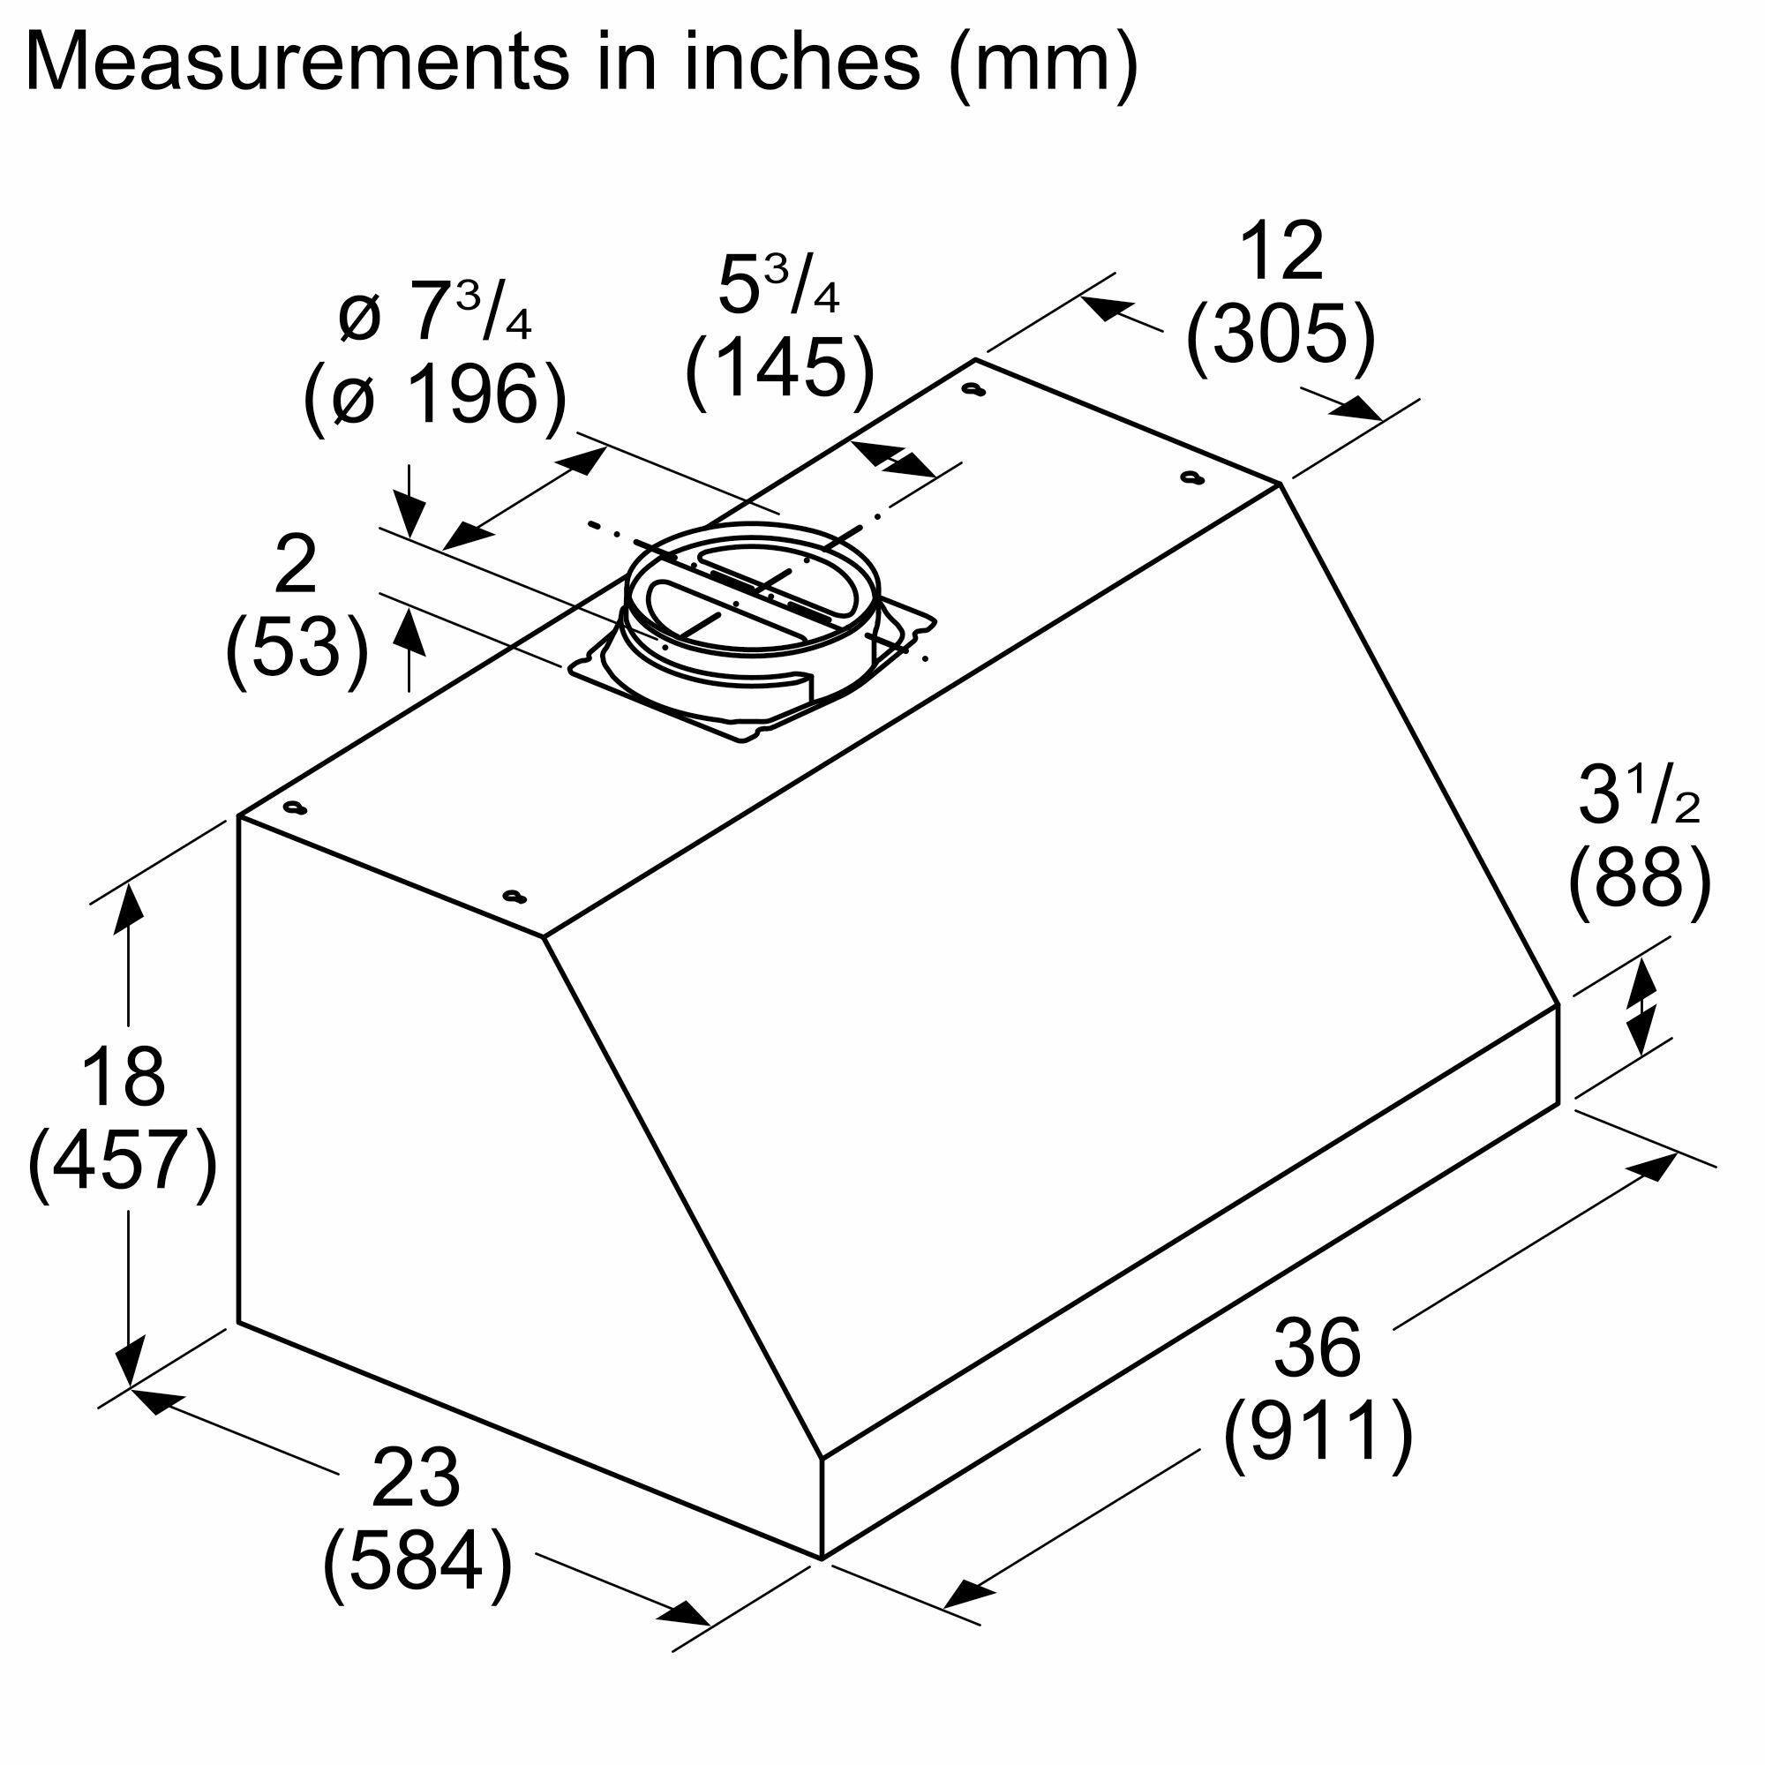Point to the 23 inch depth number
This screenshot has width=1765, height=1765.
[x=416, y=1477]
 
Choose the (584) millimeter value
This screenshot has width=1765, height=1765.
[x=417, y=1560]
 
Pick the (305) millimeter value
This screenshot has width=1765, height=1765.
[x=1280, y=335]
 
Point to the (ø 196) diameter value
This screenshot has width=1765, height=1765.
[x=436, y=394]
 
